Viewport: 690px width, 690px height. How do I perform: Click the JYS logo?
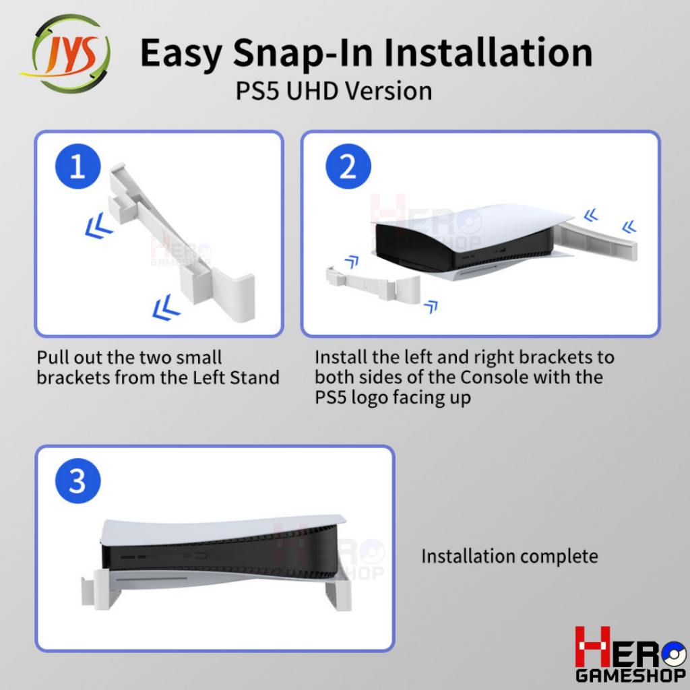(66, 54)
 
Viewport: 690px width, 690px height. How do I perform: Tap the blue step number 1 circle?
(78, 166)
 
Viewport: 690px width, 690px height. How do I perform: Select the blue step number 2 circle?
(348, 166)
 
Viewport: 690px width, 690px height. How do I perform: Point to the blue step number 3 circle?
(78, 481)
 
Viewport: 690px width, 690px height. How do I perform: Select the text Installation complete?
(509, 556)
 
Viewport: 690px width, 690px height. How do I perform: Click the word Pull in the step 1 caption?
(52, 357)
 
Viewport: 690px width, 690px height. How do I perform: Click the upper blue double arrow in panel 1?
(98, 225)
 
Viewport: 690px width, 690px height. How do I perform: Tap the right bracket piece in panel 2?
(599, 241)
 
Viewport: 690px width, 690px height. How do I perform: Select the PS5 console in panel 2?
(471, 243)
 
